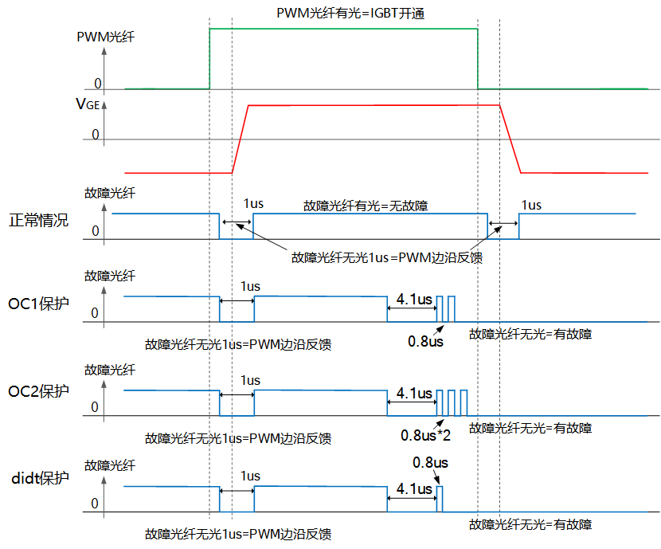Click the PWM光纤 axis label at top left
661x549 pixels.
click(105, 37)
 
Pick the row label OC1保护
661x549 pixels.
click(38, 304)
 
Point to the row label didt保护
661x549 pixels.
click(38, 479)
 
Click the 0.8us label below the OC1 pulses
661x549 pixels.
click(425, 342)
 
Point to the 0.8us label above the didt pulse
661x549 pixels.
click(430, 462)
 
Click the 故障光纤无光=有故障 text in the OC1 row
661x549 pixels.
click(530, 334)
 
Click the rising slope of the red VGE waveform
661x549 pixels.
click(241, 139)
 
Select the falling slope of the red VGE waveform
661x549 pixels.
click(510, 139)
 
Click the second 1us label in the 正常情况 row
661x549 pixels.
click(530, 205)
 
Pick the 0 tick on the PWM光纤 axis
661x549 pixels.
click(98, 84)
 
